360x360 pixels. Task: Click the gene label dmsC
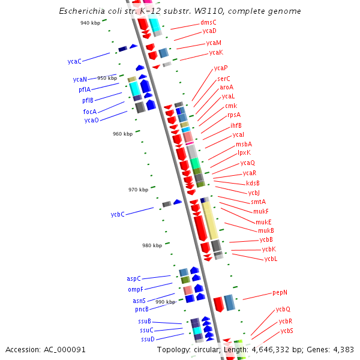[x=208, y=23]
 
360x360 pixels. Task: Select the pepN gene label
[x=280, y=293]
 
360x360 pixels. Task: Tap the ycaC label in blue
[x=74, y=61]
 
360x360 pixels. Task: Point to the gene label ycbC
[x=118, y=215]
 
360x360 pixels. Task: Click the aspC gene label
[x=133, y=279]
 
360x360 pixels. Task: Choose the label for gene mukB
[x=266, y=230]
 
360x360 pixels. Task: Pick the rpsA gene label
[x=233, y=115]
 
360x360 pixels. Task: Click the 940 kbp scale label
[x=91, y=23]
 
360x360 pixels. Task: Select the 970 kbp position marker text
[x=138, y=190]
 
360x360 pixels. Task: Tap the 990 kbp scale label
[x=165, y=302]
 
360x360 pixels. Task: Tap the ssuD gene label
[x=148, y=340]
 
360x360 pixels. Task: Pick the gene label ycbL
[x=271, y=259]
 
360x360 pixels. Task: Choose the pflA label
[x=84, y=90]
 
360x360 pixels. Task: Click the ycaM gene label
[x=214, y=43]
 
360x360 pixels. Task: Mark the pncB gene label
[x=142, y=310]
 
